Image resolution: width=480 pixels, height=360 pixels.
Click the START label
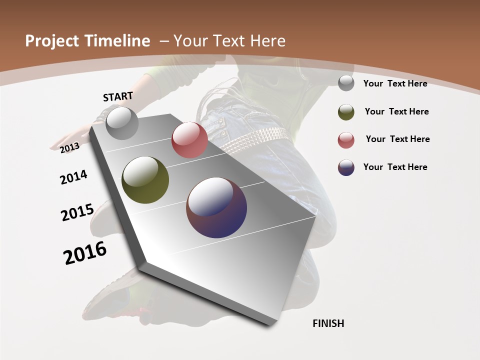(118, 96)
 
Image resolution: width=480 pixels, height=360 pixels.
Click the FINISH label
(328, 323)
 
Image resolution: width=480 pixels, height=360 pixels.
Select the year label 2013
(69, 147)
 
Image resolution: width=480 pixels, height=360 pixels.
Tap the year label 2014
(73, 177)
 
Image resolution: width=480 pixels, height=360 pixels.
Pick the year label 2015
(77, 212)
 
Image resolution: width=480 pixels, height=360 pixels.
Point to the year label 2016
(85, 252)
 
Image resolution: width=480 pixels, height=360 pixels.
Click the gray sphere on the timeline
(122, 123)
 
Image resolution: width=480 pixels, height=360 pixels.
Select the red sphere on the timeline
(189, 140)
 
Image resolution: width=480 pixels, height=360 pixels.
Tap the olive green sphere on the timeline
(145, 180)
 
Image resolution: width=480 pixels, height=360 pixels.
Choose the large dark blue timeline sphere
(216, 207)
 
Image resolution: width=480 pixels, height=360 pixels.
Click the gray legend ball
(346, 83)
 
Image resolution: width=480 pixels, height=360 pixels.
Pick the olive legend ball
(346, 112)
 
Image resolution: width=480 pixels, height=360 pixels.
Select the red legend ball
(346, 140)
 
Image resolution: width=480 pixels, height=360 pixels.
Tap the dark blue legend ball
(346, 167)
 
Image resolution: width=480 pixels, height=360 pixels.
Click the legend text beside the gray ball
(395, 83)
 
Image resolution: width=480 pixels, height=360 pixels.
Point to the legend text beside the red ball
(397, 139)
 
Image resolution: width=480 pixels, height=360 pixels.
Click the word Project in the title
(52, 41)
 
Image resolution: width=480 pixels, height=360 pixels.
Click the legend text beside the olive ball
(396, 111)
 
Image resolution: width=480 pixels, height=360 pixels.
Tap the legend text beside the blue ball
(395, 167)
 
